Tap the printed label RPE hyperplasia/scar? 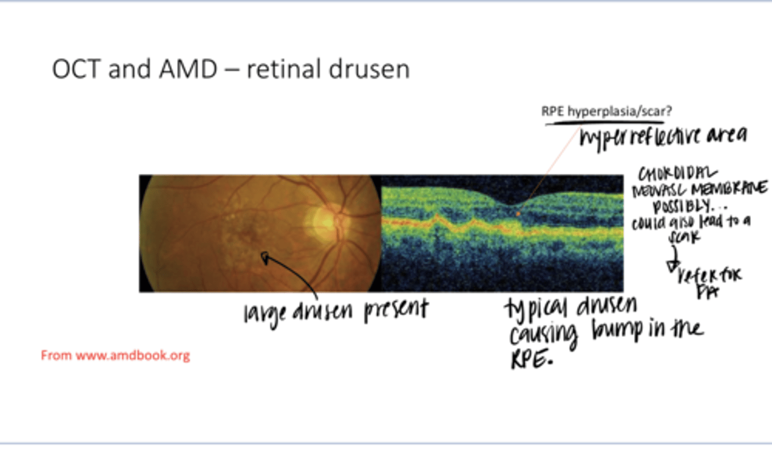(606, 112)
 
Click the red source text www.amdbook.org (132, 355)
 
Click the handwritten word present (396, 309)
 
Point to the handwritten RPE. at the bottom (531, 359)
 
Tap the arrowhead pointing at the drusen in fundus (265, 258)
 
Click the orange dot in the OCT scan (518, 213)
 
